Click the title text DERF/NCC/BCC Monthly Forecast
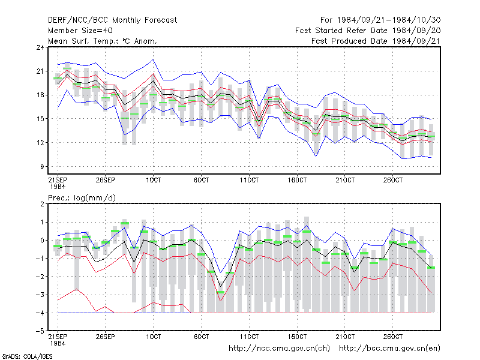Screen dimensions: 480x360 pos(112,20)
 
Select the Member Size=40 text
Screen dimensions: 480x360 pos(80,31)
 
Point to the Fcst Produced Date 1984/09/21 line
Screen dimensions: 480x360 pos(376,41)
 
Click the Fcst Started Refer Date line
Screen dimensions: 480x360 pos(368,31)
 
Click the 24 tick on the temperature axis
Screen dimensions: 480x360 pos(40,47)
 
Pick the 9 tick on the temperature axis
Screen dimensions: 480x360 pos(42,167)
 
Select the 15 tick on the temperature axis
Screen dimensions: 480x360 pos(40,119)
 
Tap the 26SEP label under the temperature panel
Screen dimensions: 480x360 pos(106,180)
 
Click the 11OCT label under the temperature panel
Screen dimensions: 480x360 pos(249,180)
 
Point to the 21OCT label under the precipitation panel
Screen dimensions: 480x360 pos(345,337)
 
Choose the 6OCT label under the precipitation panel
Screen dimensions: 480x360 pos(202,337)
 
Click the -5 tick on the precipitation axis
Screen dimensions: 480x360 pos(40,331)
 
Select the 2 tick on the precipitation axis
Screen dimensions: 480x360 pos(42,204)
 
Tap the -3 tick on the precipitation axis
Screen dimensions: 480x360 pos(40,295)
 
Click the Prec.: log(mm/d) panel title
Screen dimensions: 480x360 pos(82,198)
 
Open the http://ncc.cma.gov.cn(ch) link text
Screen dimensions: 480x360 pos(279,349)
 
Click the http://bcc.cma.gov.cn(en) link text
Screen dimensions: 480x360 pos(389,349)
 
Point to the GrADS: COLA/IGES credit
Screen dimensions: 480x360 pos(27,356)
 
